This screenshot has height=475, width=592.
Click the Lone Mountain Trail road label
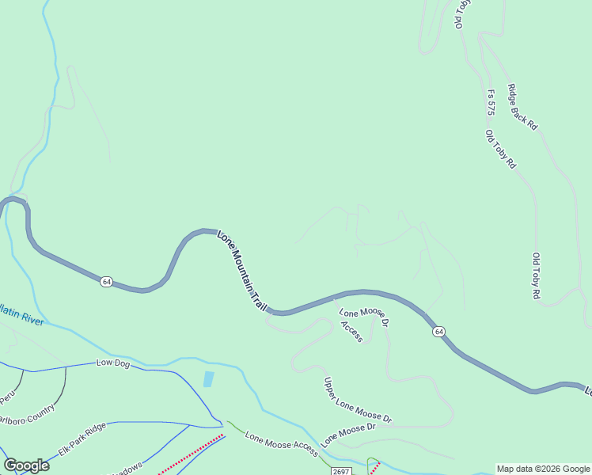[x=241, y=270]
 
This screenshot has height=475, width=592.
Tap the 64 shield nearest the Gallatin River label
[x=107, y=282]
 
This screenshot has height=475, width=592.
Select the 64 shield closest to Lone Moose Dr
[x=438, y=331]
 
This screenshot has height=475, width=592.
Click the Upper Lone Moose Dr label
[x=357, y=400]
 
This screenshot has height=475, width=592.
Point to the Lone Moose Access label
[x=281, y=445]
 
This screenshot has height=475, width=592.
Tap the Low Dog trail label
[x=112, y=363]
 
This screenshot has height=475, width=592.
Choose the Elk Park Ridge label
[x=82, y=440]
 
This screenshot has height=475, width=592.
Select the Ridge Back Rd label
[x=522, y=107]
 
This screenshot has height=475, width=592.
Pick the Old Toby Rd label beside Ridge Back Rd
[x=501, y=150]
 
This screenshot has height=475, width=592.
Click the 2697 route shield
[x=341, y=471]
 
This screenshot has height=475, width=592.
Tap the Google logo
[x=26, y=465]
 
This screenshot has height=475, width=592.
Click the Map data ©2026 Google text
[x=544, y=469]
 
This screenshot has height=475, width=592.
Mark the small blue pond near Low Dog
[x=208, y=379]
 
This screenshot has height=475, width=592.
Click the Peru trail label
[x=8, y=394]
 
